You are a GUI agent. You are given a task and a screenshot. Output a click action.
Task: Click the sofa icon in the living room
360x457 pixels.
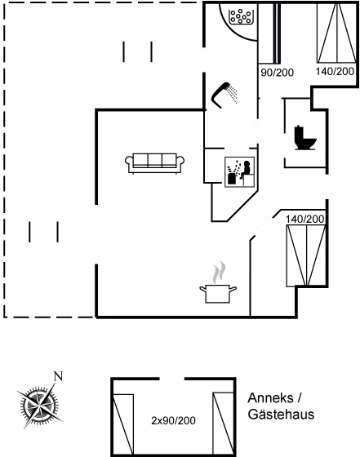tap(154, 163)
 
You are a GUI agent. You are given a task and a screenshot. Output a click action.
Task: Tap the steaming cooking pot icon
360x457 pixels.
tap(218, 293)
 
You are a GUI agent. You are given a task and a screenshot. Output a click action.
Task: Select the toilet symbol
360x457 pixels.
tap(305, 138)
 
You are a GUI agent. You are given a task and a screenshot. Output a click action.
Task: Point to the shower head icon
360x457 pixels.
tap(224, 95)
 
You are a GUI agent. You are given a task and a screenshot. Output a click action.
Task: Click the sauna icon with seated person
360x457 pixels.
tap(240, 172)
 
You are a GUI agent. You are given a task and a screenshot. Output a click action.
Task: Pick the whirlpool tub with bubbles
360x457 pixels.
tap(241, 16)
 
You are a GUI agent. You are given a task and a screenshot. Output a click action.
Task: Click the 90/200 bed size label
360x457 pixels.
tap(277, 73)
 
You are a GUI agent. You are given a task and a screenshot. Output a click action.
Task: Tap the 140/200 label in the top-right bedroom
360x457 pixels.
tap(335, 72)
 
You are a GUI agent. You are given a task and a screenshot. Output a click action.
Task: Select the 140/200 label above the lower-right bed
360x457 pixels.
tap(305, 220)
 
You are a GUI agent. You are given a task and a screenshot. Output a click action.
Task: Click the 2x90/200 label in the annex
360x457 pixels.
tap(173, 420)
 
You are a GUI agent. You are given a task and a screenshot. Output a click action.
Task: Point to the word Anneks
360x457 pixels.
tap(270, 398)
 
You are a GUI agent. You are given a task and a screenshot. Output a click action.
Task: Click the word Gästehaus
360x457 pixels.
tap(281, 415)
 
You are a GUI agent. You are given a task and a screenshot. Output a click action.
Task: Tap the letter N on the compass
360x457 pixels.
tap(58, 376)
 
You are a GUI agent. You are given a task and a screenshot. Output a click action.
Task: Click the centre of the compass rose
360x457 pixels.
tap(38, 405)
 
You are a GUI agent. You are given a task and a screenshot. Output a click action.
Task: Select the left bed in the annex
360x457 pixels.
tap(123, 424)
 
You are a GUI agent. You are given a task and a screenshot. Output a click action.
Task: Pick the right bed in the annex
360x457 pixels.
tap(224, 424)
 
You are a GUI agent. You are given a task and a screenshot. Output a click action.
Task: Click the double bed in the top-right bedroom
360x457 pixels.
tap(336, 33)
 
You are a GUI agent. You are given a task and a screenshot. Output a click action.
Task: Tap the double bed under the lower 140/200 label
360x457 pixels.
tap(306, 255)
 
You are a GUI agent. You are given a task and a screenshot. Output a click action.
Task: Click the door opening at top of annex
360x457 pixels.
tap(172, 379)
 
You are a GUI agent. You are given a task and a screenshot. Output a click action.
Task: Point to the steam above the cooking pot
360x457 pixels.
tap(220, 272)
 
